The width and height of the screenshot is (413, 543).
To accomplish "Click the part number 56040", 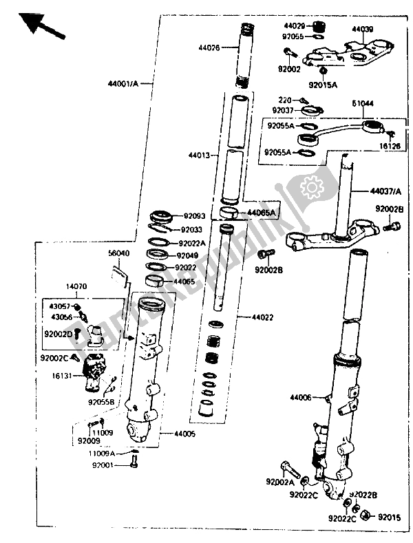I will pos(119,253).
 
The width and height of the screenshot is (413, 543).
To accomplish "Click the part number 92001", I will pos(107,466).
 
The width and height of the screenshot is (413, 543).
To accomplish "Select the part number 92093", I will pos(195,216).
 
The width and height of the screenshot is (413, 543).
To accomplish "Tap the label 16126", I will pos(390,145).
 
